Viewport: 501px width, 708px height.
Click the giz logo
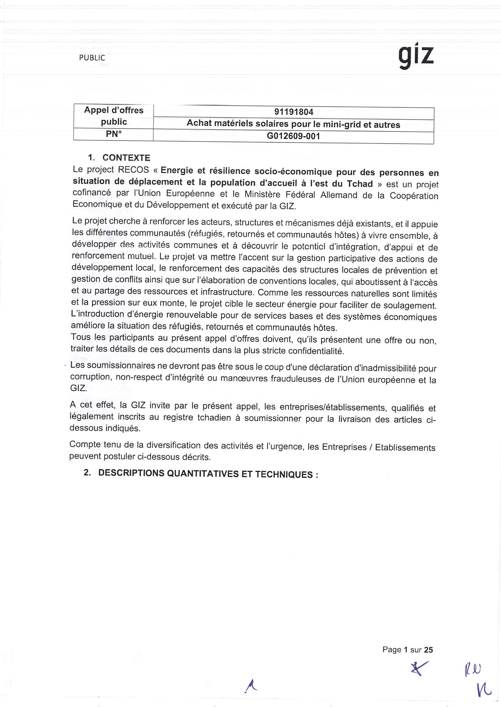click(x=416, y=57)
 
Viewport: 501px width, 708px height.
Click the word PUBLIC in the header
click(x=92, y=58)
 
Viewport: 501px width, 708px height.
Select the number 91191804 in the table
click(x=294, y=112)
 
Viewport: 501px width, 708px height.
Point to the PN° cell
click(x=114, y=134)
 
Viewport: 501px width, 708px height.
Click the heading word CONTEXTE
click(x=126, y=158)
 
